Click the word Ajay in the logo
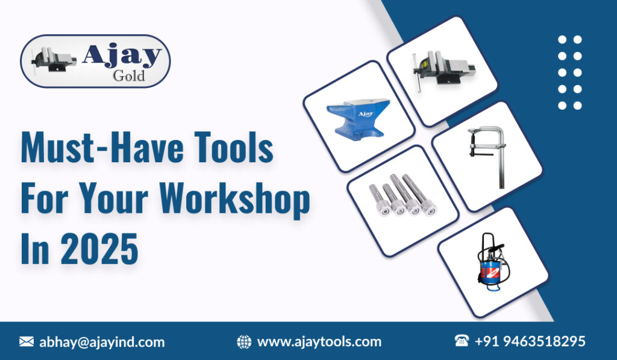pos(122,56)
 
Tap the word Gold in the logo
pos(129,75)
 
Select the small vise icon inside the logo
pos(54,60)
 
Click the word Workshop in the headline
pos(234,199)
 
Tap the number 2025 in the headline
pos(99,249)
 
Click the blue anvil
pos(358,118)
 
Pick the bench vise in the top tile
pos(442,70)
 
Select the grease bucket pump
pos(493,262)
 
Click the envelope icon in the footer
pos(27,341)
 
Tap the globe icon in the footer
pos(244,342)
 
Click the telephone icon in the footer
pos(462,340)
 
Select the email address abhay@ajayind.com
pos(102,342)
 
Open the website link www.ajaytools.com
pos(319,342)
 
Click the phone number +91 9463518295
pos(530,341)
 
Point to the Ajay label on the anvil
pos(366,114)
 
